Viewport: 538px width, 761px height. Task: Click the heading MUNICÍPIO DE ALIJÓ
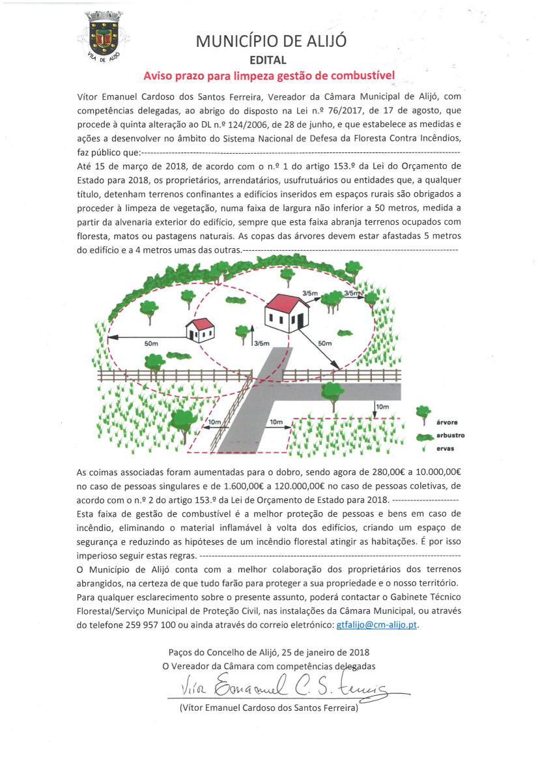coord(271,41)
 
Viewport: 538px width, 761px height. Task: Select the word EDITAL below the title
coord(268,60)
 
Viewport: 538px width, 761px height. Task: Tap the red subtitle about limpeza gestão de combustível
coord(270,76)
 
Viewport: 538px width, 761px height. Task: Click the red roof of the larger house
coord(285,302)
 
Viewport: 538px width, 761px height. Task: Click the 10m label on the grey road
coord(276,422)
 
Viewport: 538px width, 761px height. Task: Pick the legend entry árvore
coord(446,423)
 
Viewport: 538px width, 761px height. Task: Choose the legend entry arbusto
coord(450,435)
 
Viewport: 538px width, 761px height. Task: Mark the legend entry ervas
coord(446,449)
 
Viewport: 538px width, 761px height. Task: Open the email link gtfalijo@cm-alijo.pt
coord(376,625)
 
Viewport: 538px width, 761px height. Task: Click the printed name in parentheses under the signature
coord(268,708)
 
